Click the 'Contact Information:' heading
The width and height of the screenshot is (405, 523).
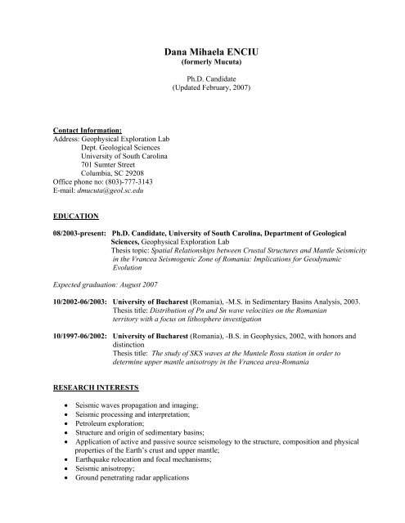[x=83, y=129]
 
